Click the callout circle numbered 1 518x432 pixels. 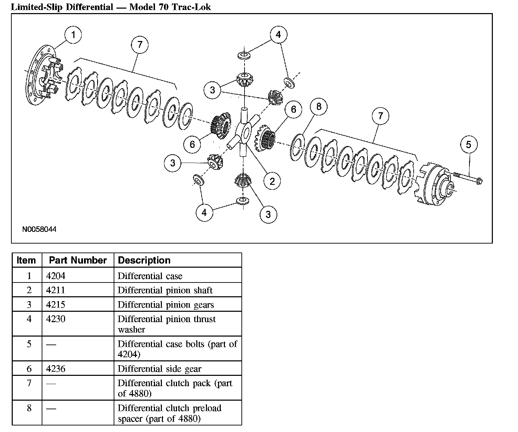[x=73, y=35]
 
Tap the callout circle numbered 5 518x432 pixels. [x=468, y=144]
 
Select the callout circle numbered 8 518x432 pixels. [x=319, y=107]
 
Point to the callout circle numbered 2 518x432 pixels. [x=272, y=181]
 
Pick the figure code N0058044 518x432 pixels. [x=39, y=229]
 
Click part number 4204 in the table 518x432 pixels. [x=55, y=276]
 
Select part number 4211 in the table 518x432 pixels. [x=55, y=290]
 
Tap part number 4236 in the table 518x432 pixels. [x=55, y=369]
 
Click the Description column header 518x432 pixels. [x=144, y=260]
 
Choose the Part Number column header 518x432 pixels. [x=78, y=260]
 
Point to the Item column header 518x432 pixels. [x=26, y=260]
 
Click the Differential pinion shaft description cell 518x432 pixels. [x=165, y=290]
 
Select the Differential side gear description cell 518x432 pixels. [x=159, y=369]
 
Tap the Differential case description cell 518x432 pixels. [x=150, y=276]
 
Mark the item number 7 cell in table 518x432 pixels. [x=29, y=383]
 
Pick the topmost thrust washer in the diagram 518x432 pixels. [x=244, y=55]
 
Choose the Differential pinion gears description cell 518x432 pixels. [x=166, y=305]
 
